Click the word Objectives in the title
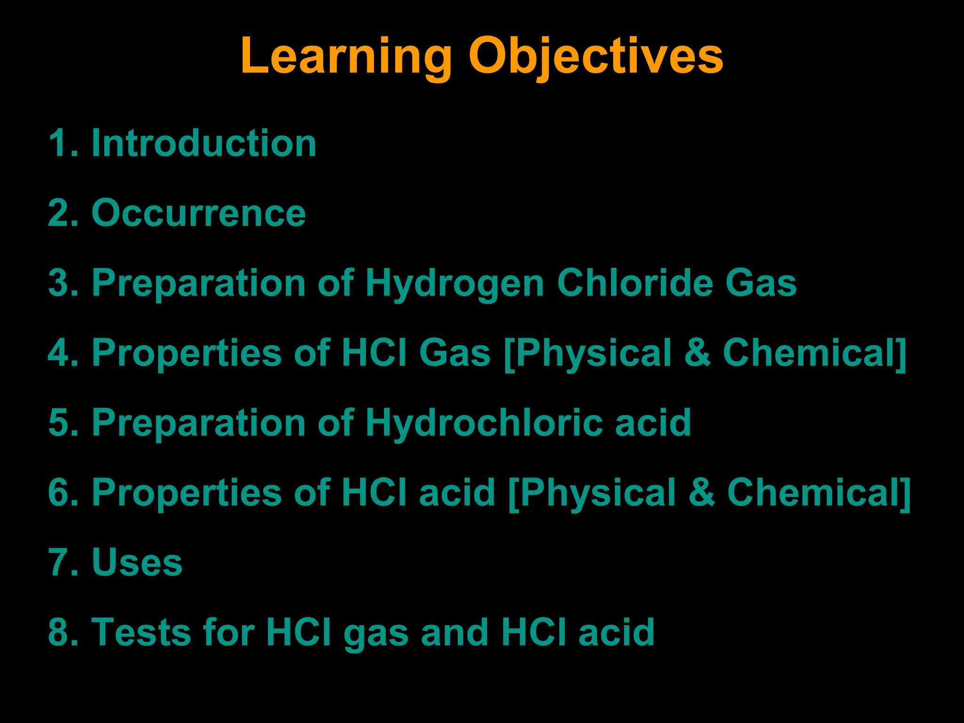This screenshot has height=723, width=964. (595, 56)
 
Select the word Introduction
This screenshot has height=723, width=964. (203, 143)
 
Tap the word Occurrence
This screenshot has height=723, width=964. (199, 213)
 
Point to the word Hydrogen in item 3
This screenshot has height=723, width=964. (455, 283)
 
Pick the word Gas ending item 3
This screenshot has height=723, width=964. (761, 283)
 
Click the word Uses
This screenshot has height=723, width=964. (137, 562)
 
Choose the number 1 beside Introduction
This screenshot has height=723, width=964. (60, 143)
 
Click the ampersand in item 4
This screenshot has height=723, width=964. (697, 353)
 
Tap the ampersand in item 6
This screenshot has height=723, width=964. (702, 492)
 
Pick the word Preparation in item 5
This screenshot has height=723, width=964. (199, 423)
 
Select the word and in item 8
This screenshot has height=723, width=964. (455, 632)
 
